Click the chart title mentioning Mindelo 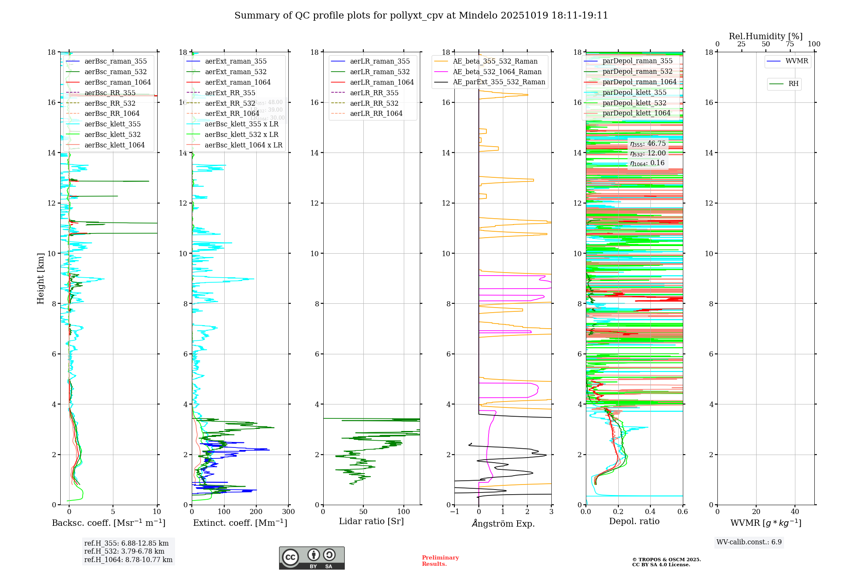click(x=421, y=16)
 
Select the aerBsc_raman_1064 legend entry click(x=117, y=83)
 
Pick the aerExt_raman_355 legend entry click(x=236, y=62)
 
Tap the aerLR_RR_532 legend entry click(x=374, y=104)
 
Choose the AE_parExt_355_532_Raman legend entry click(x=499, y=82)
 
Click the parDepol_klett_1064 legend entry click(x=636, y=113)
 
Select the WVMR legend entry click(x=796, y=61)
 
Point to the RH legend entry click(x=793, y=84)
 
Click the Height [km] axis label click(x=40, y=278)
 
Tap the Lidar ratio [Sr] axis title click(x=371, y=522)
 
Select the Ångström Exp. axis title click(x=503, y=524)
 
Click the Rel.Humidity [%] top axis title click(x=765, y=36)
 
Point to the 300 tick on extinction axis click(x=288, y=512)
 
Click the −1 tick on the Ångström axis click(x=454, y=512)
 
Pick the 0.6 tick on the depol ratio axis click(x=682, y=512)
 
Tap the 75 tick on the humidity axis click(x=790, y=44)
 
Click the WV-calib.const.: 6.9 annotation click(x=749, y=542)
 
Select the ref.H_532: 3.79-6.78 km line click(x=124, y=552)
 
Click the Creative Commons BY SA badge click(x=311, y=558)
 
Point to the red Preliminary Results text click(x=440, y=561)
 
